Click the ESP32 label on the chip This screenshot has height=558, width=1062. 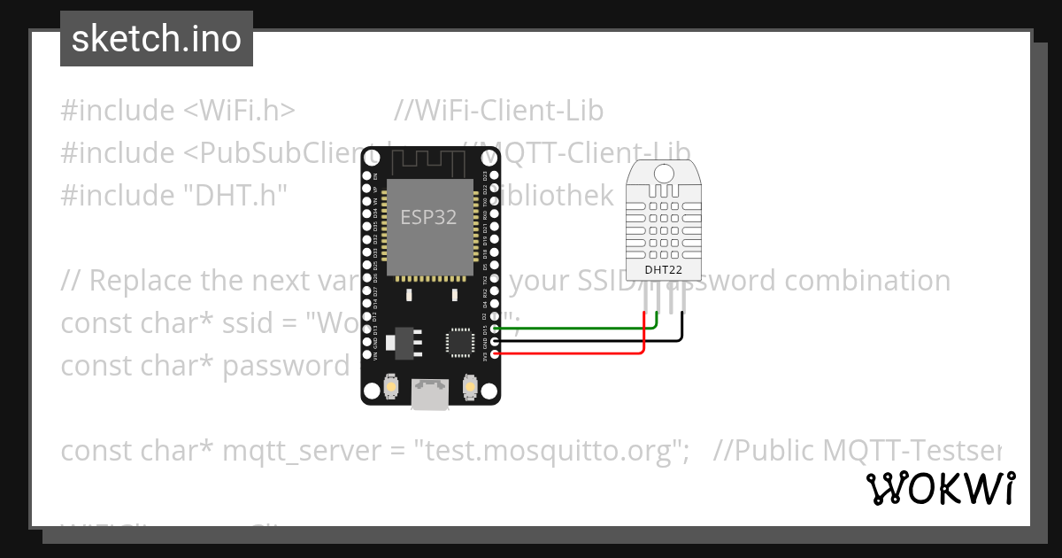point(429,217)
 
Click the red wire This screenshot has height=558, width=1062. point(566,353)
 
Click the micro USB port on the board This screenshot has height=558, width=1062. point(430,395)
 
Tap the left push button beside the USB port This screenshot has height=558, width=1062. point(390,387)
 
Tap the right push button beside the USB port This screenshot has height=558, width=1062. point(470,387)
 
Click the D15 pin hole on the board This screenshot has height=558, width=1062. point(494,329)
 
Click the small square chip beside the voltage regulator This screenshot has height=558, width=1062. point(459,341)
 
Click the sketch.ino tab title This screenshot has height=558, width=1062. point(157,39)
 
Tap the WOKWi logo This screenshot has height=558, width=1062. point(941,488)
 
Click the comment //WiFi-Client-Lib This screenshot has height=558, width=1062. point(499,111)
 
